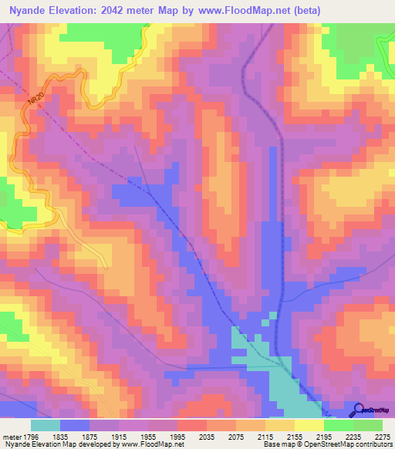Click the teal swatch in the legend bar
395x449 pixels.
pyautogui.click(x=45, y=425)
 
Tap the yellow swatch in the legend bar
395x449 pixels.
pyautogui.click(x=309, y=425)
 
